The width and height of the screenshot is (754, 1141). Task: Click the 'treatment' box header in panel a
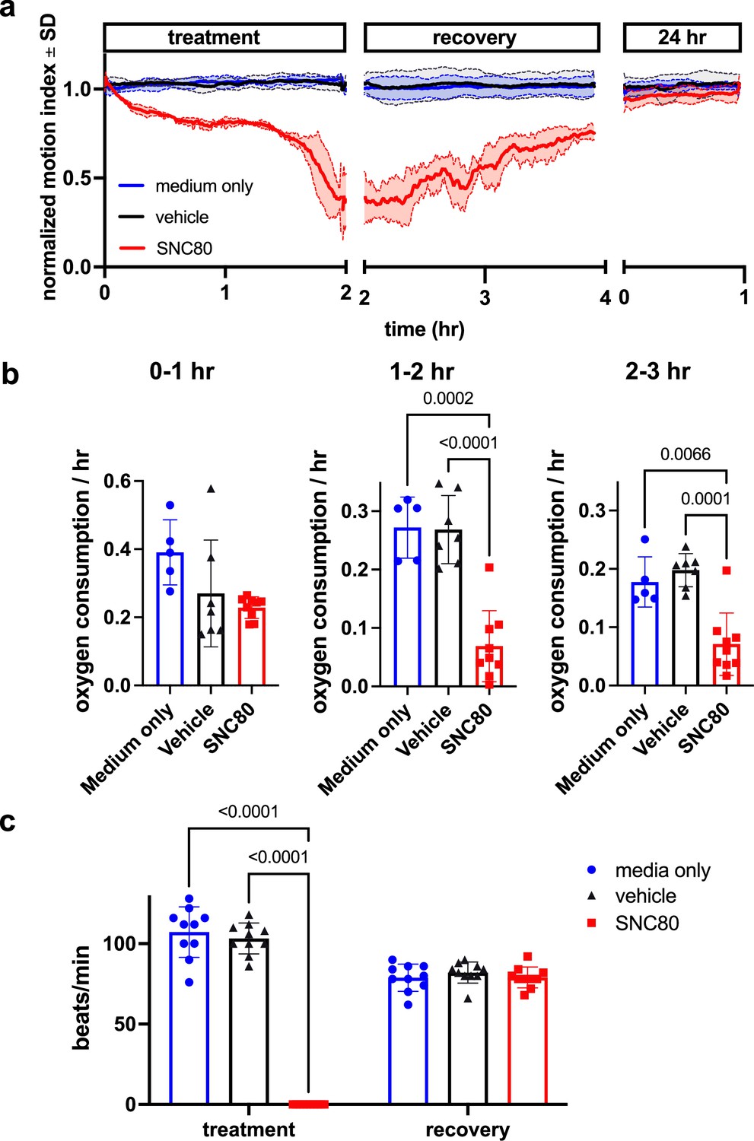pyautogui.click(x=214, y=37)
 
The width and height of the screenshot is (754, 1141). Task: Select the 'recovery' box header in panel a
pyautogui.click(x=474, y=37)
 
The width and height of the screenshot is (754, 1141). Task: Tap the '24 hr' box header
pyautogui.click(x=682, y=37)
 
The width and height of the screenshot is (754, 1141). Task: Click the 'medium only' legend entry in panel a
pyautogui.click(x=203, y=186)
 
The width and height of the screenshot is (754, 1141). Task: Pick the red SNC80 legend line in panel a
pyautogui.click(x=132, y=248)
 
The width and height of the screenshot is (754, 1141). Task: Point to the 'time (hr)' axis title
pyautogui.click(x=424, y=329)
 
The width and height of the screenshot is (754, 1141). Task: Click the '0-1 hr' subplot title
pyautogui.click(x=182, y=371)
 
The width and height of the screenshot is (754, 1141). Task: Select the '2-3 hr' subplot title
pyautogui.click(x=657, y=371)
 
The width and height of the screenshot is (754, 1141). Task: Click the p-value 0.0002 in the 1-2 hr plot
pyautogui.click(x=448, y=399)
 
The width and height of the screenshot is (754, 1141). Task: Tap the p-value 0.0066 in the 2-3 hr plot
pyautogui.click(x=685, y=455)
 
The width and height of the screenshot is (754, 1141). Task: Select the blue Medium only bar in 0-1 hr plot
pyautogui.click(x=170, y=620)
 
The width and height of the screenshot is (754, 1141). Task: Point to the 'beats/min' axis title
pyautogui.click(x=81, y=997)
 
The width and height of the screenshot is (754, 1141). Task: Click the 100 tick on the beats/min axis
pyautogui.click(x=120, y=944)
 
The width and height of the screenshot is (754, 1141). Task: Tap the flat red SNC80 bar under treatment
pyautogui.click(x=308, y=1104)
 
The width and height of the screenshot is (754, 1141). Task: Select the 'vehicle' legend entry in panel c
pyautogui.click(x=645, y=896)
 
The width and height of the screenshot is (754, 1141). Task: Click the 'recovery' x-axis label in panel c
pyautogui.click(x=467, y=1130)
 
